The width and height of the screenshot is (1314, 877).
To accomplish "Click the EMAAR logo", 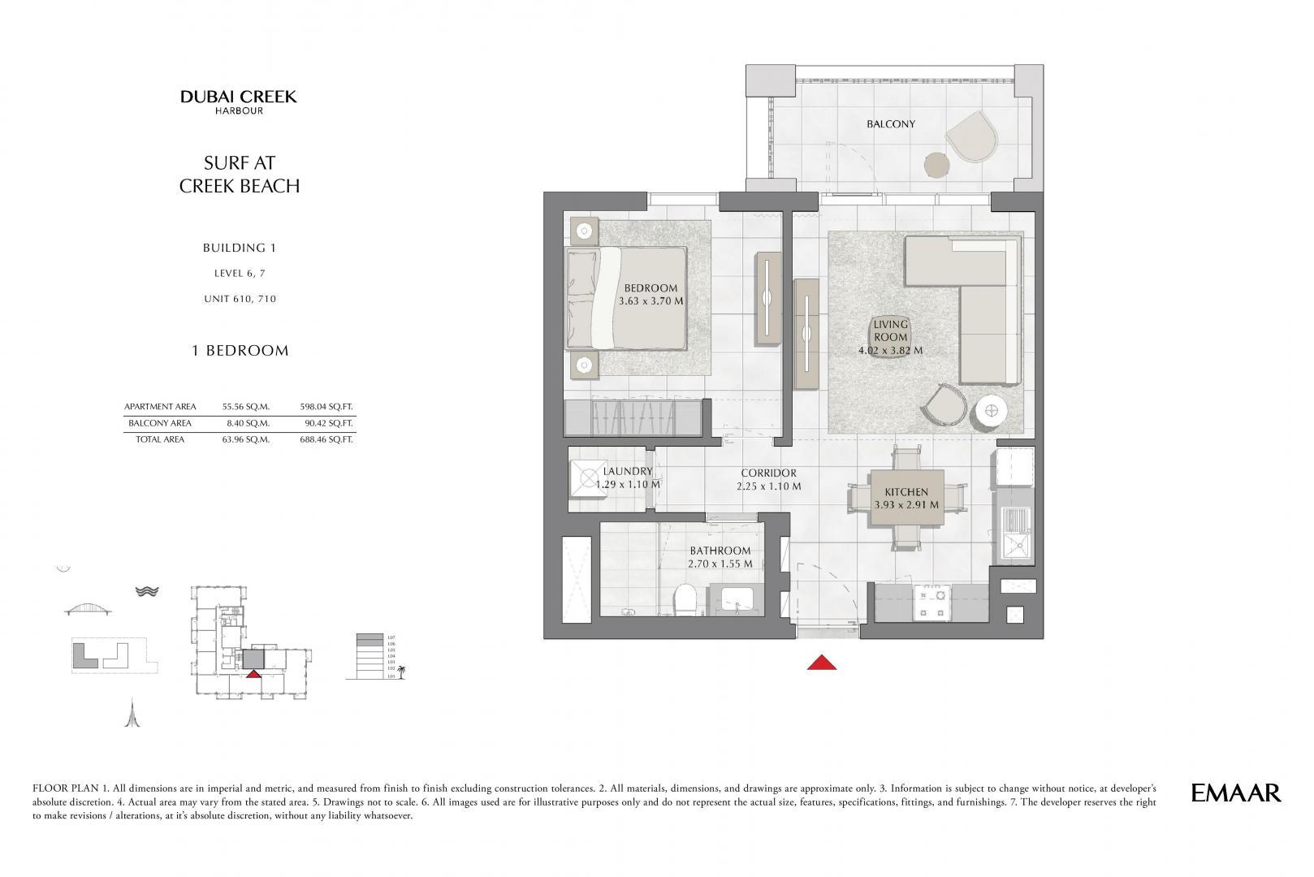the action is [1236, 793].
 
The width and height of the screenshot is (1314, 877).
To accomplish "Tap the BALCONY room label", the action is [890, 123].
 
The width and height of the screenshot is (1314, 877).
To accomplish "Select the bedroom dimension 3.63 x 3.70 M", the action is [651, 301].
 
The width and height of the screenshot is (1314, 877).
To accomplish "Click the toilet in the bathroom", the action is [685, 600].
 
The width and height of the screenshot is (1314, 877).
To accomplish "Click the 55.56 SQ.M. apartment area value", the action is [246, 407].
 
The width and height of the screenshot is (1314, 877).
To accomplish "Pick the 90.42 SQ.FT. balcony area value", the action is [326, 423].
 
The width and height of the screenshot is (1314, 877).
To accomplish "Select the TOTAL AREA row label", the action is [160, 438].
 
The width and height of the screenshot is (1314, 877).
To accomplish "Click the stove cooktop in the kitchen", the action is [931, 603].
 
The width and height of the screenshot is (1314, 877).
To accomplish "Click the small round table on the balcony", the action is [936, 165].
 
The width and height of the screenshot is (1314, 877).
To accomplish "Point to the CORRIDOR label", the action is [768, 473].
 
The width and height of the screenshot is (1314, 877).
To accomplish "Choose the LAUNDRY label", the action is [627, 471].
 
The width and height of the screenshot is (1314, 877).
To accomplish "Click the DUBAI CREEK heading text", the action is [239, 97].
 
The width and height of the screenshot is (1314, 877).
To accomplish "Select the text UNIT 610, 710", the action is [240, 299].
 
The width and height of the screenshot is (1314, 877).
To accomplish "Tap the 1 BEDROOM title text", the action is [240, 350].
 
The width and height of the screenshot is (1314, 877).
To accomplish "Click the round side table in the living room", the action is [992, 410].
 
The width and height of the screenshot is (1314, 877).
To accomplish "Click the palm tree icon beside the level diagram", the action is [401, 672].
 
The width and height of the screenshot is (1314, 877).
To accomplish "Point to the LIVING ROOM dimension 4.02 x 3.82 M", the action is [890, 351].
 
